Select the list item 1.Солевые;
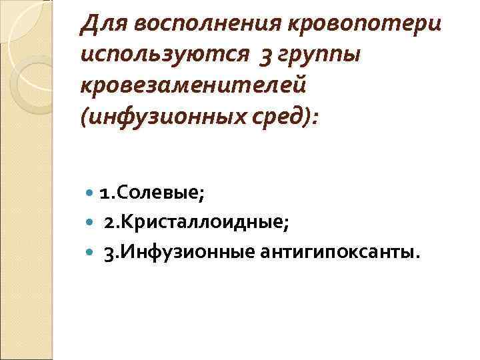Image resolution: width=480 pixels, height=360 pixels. tap(152, 193)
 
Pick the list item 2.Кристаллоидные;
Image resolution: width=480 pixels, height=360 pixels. tap(196, 223)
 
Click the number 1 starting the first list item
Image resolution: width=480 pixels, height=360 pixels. tap(103, 193)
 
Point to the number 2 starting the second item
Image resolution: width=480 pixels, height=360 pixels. tap(108, 223)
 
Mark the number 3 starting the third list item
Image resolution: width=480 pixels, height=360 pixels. tap(108, 253)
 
